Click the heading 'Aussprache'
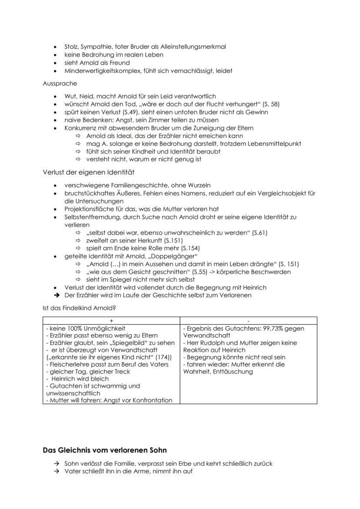[60, 83]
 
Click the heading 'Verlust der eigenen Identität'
[89, 172]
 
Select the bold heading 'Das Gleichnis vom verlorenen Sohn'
[105, 450]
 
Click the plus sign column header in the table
[111, 321]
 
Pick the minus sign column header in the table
[248, 321]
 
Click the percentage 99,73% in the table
[278, 329]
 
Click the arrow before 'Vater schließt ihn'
[57, 471]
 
